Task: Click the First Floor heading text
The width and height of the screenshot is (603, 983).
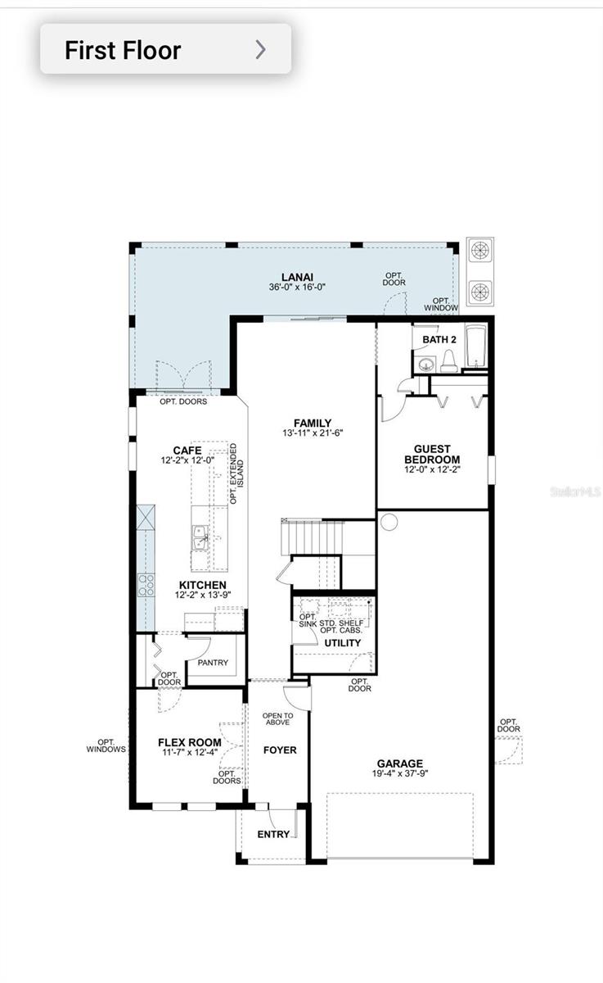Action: [123, 50]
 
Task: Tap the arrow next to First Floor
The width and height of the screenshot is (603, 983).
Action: [260, 50]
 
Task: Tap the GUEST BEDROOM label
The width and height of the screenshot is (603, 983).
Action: [431, 454]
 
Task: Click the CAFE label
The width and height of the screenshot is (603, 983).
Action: [187, 451]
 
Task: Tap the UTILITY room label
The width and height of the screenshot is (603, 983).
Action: [342, 643]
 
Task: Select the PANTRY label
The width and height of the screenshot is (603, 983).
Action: [213, 663]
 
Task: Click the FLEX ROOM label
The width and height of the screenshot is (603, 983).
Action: [189, 742]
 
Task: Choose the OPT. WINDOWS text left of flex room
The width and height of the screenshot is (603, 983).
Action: [106, 745]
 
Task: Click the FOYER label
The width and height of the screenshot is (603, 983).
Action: [280, 750]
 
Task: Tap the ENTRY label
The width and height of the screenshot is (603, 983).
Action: [273, 834]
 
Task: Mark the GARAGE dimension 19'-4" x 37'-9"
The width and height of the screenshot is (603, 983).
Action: [400, 773]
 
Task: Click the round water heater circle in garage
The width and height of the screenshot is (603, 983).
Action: [389, 522]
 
